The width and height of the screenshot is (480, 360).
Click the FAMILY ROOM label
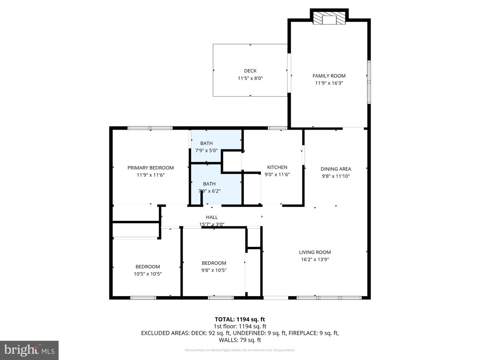tap(329, 76)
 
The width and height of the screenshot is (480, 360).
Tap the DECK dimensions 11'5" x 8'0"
tap(250, 78)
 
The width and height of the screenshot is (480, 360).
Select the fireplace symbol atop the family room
tap(329, 19)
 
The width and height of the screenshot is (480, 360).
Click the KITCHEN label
tap(277, 167)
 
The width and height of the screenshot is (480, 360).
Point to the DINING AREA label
tap(336, 169)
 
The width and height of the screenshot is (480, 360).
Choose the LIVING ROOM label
tap(315, 252)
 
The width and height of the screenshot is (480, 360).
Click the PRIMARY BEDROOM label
tap(150, 168)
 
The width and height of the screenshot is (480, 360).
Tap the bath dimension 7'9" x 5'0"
tap(206, 150)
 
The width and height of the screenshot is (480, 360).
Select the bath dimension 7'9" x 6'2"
tap(209, 191)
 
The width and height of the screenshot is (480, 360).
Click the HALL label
tap(212, 217)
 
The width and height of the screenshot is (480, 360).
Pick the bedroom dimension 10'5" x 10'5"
tap(148, 274)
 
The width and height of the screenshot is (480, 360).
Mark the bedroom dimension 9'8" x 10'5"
tap(214, 270)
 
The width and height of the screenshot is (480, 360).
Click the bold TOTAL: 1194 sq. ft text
tap(240, 319)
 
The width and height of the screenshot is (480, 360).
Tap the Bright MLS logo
tap(29, 350)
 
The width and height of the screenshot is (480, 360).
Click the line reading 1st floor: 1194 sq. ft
tap(240, 326)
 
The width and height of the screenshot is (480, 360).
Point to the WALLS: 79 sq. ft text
tap(240, 340)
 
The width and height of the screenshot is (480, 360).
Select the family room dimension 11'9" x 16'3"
tap(329, 83)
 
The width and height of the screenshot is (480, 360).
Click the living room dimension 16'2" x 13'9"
tap(315, 259)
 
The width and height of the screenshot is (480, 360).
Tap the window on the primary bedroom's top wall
tap(150, 128)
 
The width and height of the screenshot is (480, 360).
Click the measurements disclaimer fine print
tap(240, 350)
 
